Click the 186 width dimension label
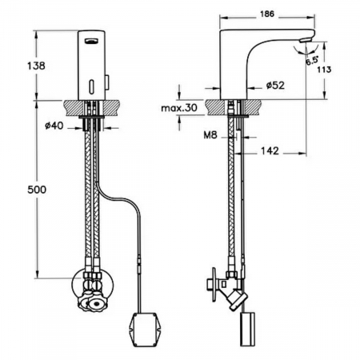click(266, 14)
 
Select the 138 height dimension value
click(36, 66)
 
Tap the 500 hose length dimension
click(37, 190)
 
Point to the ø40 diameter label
click(54, 126)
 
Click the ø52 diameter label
click(275, 86)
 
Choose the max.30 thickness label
click(179, 107)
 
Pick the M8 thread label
click(210, 135)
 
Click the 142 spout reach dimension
click(270, 150)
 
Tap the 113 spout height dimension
click(324, 70)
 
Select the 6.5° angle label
click(312, 61)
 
